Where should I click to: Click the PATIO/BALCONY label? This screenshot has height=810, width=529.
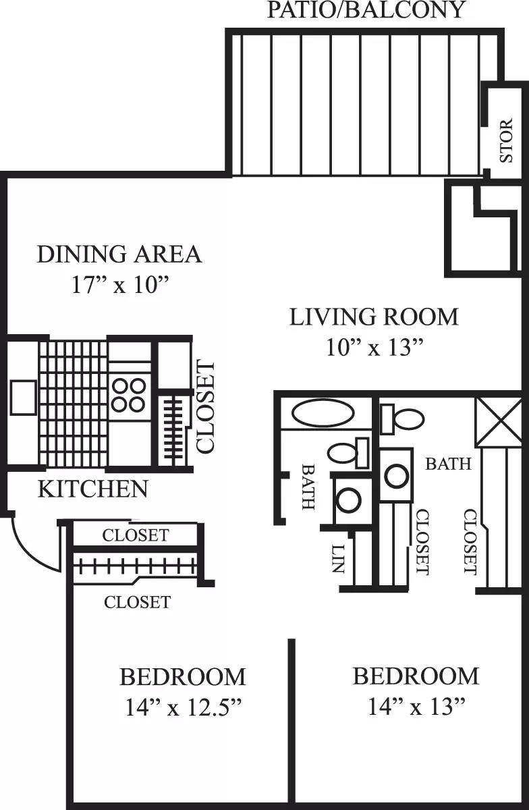tap(366, 10)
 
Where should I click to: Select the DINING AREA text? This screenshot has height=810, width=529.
tap(119, 254)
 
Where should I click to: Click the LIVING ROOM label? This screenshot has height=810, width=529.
tap(374, 317)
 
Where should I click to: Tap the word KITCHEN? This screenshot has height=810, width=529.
tap(92, 489)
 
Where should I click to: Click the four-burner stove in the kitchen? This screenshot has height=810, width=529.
tap(128, 395)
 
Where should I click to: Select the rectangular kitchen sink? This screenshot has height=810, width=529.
tap(23, 397)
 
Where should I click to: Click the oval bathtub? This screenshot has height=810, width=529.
tap(325, 413)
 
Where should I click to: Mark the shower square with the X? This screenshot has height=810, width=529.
tap(499, 422)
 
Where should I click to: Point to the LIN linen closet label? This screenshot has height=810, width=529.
tap(338, 559)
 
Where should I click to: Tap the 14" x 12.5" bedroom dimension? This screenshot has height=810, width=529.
tap(183, 707)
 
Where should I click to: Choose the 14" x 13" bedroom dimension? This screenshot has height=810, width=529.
tap(417, 707)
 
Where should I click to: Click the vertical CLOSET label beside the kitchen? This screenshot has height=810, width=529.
tap(204, 406)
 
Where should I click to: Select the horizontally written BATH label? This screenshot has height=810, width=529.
tap(448, 464)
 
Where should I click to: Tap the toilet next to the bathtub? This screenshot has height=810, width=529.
tap(348, 452)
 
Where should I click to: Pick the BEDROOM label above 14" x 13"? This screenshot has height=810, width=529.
tap(416, 676)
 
